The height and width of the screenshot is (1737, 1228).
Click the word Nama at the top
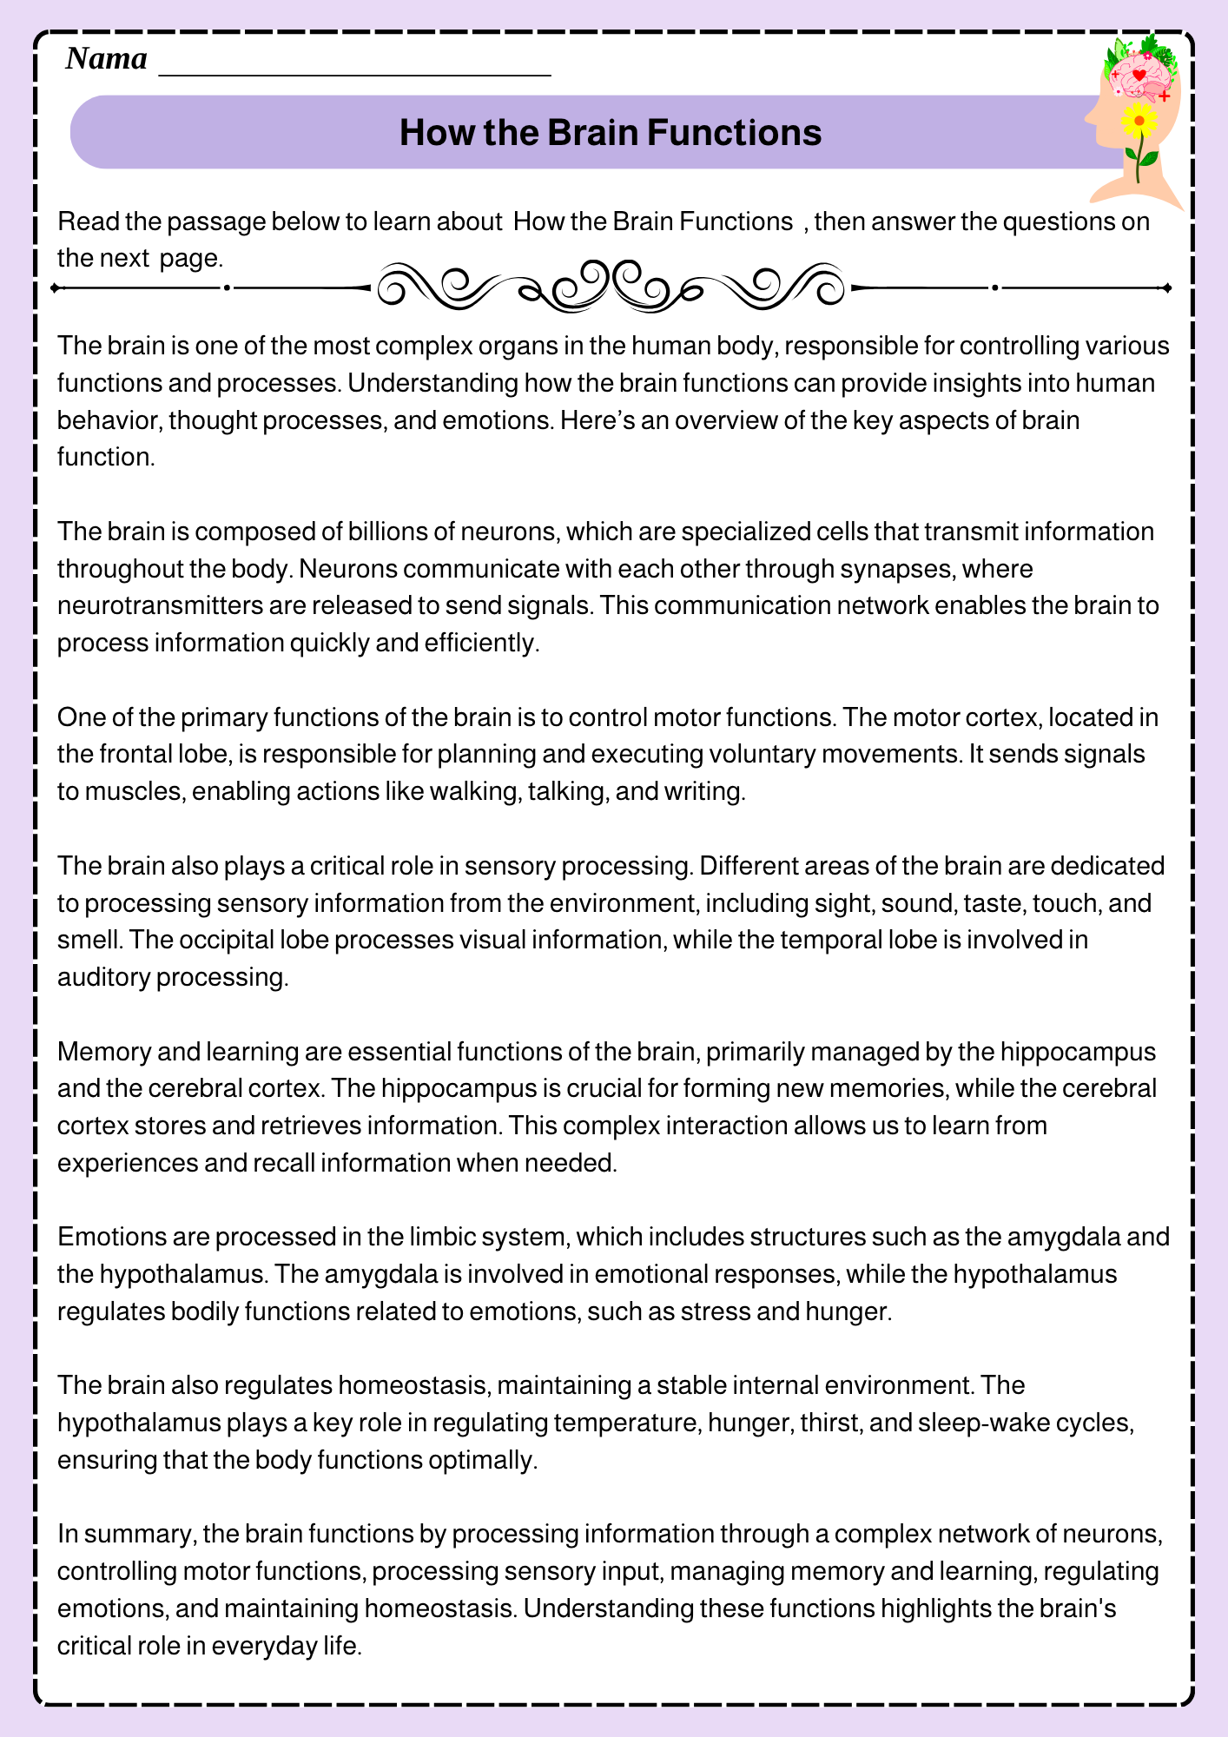tap(106, 59)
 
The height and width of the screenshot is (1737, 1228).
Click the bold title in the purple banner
tap(611, 133)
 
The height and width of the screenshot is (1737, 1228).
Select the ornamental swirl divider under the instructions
tap(611, 286)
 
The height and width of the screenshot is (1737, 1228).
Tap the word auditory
tap(103, 977)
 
